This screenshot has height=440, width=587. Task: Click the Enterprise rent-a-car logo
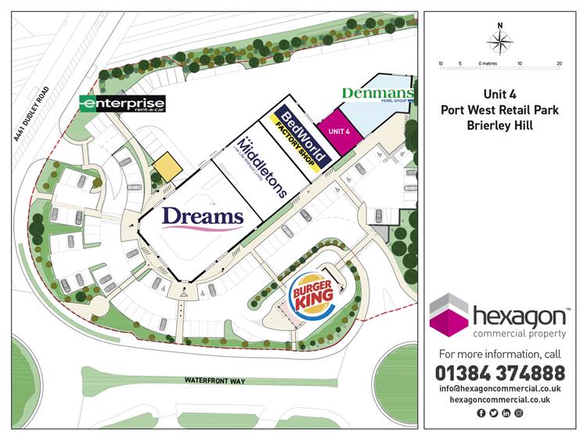coord(124,103)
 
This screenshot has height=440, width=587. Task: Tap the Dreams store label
coord(203,218)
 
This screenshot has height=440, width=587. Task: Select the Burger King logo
coord(312,295)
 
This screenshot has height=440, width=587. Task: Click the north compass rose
coord(500,41)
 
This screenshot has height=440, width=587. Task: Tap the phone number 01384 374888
coord(499,373)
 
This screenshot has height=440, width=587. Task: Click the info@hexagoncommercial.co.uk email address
coord(499,388)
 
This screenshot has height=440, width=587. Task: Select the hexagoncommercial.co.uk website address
coord(499,399)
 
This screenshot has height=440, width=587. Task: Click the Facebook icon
coord(481,413)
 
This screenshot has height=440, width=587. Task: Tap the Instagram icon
coord(518,413)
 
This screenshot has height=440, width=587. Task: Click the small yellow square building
coord(166,166)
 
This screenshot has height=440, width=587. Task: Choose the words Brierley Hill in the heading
coord(500,124)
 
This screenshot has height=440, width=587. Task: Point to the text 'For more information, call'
coord(499,354)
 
